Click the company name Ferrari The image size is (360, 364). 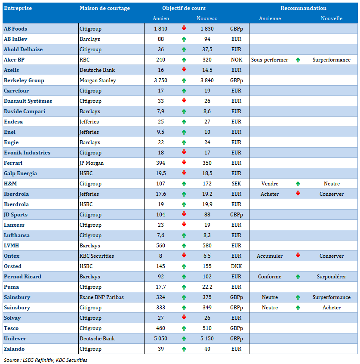point(13,163)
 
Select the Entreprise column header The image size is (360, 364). point(18,8)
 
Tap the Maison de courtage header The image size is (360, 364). point(105,8)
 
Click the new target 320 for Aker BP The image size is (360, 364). point(207,60)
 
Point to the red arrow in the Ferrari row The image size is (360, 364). point(184,163)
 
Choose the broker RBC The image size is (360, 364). point(84,60)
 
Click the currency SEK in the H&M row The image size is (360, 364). point(236,184)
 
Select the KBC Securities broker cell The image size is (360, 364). point(97,256)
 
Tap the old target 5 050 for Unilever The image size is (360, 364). point(160,339)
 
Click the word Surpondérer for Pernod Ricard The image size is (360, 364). point(331,277)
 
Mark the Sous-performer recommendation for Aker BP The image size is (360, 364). point(270,60)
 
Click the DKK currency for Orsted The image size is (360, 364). point(236,266)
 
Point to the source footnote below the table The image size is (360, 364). point(45,360)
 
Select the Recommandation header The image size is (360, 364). point(303,8)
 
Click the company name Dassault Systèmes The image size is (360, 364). point(28,101)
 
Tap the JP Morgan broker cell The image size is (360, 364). point(92,163)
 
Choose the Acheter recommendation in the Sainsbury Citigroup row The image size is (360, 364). point(331,308)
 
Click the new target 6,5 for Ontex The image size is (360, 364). point(207,256)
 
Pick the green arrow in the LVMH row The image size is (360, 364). point(184,246)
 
